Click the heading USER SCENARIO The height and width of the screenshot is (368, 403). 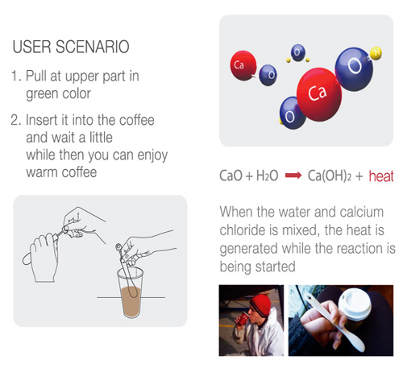(71, 47)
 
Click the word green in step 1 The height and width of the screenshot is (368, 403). (42, 94)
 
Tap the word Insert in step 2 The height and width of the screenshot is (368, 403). (42, 120)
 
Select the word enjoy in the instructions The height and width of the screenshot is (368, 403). (152, 155)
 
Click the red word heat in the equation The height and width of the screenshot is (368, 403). (381, 176)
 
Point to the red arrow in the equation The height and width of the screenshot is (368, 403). (293, 176)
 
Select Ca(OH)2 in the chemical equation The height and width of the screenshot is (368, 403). (330, 176)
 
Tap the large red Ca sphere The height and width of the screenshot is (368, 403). (319, 94)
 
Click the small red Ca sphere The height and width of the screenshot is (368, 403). (243, 65)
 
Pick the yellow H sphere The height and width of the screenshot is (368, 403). (376, 53)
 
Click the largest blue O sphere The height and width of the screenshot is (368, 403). (354, 69)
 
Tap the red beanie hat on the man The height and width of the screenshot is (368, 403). (260, 304)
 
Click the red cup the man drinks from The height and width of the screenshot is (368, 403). (243, 318)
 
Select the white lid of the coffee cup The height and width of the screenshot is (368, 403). (355, 302)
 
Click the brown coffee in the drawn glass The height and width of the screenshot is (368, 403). (131, 301)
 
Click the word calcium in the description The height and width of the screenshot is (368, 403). (362, 212)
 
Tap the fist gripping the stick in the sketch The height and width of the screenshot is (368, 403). (43, 256)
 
